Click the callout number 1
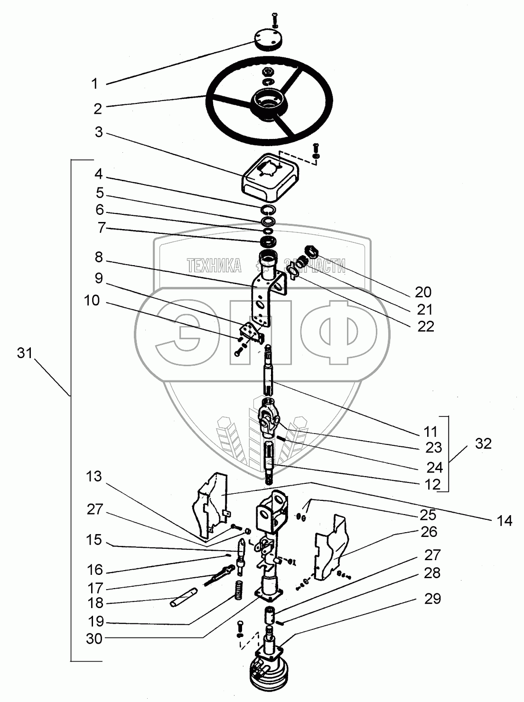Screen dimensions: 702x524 (94, 84)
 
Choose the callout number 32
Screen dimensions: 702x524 (483, 444)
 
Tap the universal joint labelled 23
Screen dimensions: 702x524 (270, 418)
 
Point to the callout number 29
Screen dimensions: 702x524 (432, 599)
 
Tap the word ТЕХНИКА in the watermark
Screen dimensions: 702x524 (214, 266)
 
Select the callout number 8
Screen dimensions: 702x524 (98, 257)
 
